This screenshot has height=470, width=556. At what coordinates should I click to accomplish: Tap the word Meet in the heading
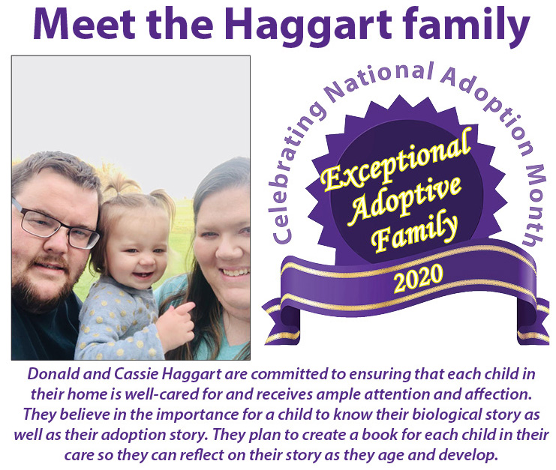pyautogui.click(x=84, y=23)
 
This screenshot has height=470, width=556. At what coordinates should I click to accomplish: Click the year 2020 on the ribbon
pyautogui.click(x=419, y=278)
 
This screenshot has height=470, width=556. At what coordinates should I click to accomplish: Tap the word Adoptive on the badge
pyautogui.click(x=405, y=199)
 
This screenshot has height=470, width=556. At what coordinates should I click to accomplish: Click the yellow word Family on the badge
pyautogui.click(x=414, y=234)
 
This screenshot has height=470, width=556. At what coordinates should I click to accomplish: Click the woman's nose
pyautogui.click(x=227, y=250)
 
